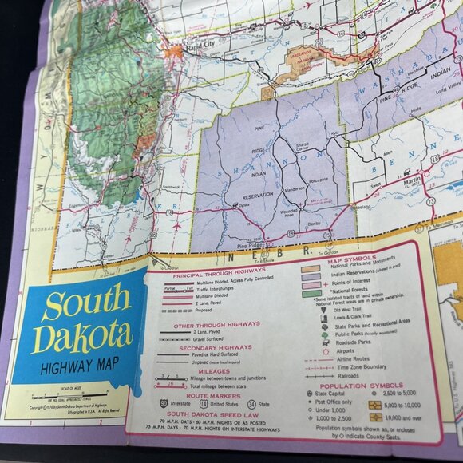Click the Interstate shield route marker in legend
(x=164, y=402)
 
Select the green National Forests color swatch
(x=310, y=293)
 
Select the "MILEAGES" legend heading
(x=212, y=370)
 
